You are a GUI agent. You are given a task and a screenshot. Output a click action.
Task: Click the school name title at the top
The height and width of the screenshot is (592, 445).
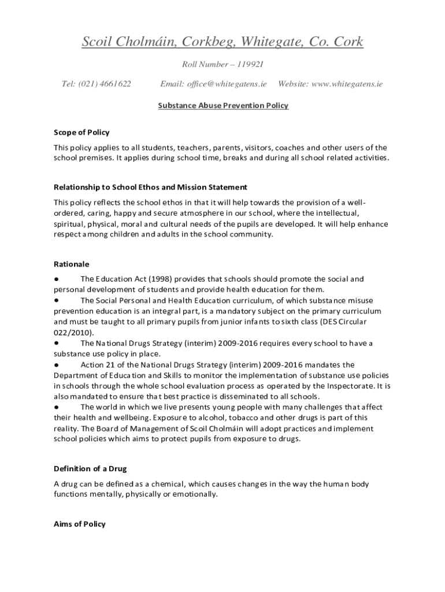click(222, 42)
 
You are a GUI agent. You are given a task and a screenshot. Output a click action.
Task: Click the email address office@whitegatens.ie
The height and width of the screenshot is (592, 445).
click(227, 84)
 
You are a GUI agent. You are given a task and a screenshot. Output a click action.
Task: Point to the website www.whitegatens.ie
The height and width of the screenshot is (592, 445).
click(347, 84)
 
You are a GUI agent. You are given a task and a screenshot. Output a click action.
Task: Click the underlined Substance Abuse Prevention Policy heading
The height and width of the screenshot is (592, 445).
click(223, 106)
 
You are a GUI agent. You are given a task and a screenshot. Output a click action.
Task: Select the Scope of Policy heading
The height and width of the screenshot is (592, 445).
click(81, 132)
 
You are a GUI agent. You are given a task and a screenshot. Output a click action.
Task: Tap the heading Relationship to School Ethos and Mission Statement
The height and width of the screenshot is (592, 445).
click(150, 187)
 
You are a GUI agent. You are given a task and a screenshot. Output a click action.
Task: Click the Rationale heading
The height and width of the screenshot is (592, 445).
click(72, 264)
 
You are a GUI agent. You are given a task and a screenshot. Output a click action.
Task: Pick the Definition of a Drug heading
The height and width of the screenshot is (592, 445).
click(90, 468)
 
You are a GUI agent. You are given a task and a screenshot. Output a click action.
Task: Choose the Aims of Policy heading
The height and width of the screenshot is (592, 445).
click(80, 524)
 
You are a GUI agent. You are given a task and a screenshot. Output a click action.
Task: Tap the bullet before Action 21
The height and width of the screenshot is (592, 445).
click(57, 365)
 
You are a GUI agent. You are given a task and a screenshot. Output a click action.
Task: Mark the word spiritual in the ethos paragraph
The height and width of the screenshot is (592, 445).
click(70, 224)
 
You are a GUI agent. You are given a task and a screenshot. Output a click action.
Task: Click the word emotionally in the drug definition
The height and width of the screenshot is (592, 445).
click(195, 494)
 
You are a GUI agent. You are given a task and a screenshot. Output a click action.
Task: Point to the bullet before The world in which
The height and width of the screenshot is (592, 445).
click(57, 407)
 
